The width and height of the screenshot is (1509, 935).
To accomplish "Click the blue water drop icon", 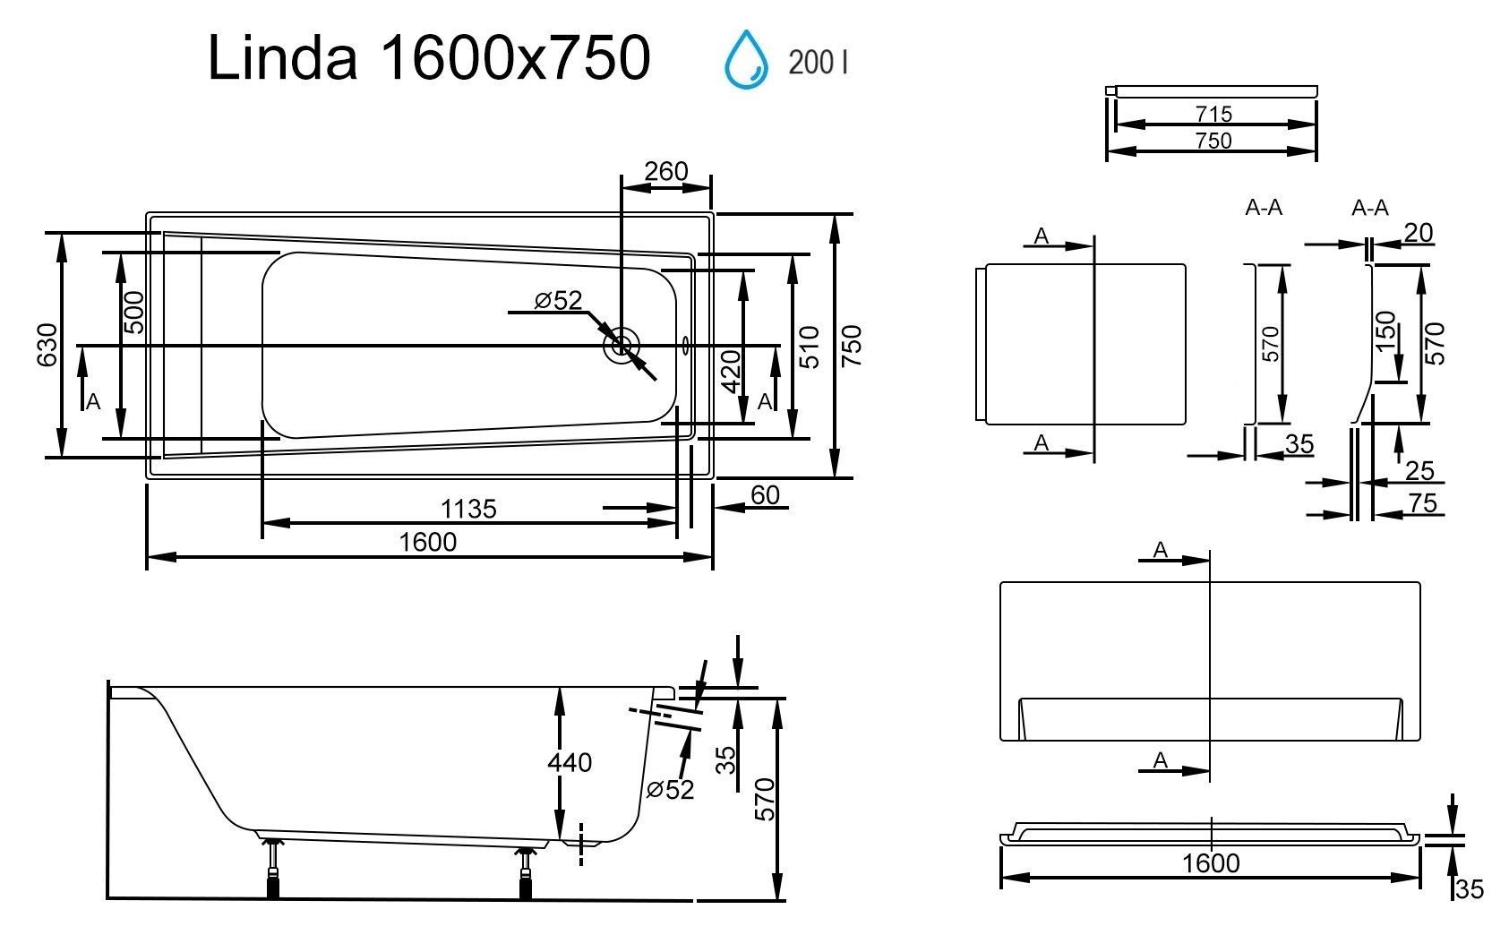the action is pyautogui.click(x=746, y=60).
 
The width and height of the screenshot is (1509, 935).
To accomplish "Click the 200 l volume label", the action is pyautogui.click(x=818, y=63).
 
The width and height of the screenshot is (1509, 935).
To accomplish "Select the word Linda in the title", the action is pyautogui.click(x=282, y=58).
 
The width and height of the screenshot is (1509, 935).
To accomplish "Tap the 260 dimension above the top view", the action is pyautogui.click(x=665, y=171).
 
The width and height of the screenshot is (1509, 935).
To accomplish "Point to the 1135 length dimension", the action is pyautogui.click(x=468, y=509).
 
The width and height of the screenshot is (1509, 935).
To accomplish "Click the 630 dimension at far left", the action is pyautogui.click(x=47, y=345).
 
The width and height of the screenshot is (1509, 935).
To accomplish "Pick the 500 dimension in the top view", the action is pyautogui.click(x=134, y=313).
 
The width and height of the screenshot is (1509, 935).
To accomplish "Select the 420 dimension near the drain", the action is pyautogui.click(x=731, y=372).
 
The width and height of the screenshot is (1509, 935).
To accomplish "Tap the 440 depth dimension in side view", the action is pyautogui.click(x=570, y=762).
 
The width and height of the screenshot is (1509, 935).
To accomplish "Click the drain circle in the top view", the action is pyautogui.click(x=622, y=347).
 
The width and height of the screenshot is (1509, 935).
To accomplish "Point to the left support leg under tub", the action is pyautogui.click(x=273, y=868).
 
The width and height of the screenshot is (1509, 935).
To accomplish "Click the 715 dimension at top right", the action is pyautogui.click(x=1214, y=114).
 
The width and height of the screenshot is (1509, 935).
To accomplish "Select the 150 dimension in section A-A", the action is pyautogui.click(x=1385, y=331).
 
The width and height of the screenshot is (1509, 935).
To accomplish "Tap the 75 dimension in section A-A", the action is pyautogui.click(x=1423, y=503).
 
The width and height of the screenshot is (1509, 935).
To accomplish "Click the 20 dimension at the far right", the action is pyautogui.click(x=1418, y=233).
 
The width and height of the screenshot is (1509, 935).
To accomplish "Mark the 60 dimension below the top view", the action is pyautogui.click(x=766, y=495).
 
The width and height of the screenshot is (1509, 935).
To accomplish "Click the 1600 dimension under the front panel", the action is pyautogui.click(x=1211, y=863).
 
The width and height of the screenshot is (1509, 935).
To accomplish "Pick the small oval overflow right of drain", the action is pyautogui.click(x=686, y=347).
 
